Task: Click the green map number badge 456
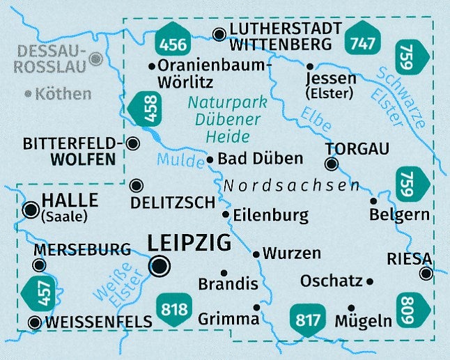[x=173, y=43]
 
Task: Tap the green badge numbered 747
[x=362, y=43]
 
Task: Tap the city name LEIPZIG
[x=189, y=244]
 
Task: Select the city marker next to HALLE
[x=31, y=210]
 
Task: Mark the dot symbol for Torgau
[x=332, y=164]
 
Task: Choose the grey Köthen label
[x=63, y=93]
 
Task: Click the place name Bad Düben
[x=260, y=159]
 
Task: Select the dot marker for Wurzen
[x=256, y=254]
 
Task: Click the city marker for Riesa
[x=426, y=274]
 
